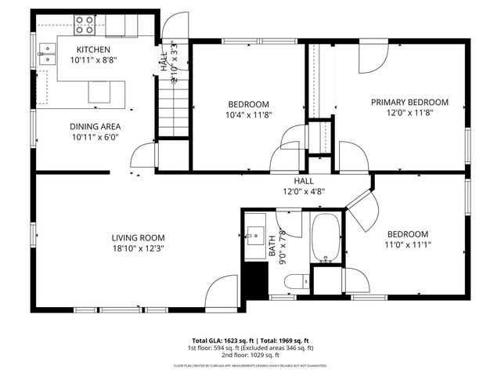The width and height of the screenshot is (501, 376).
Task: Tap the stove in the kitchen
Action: click(x=85, y=26)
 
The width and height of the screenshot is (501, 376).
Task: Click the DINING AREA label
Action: click(x=95, y=126)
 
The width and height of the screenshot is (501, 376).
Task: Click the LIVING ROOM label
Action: click(x=138, y=237)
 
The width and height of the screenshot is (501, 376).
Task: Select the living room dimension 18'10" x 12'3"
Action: click(x=138, y=248)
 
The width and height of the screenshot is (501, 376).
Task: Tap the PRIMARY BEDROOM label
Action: click(x=409, y=102)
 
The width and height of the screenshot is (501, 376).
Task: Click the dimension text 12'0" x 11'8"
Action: click(x=409, y=113)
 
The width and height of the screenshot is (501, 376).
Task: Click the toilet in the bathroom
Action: click(x=296, y=281)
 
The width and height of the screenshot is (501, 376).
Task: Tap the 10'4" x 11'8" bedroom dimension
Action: click(x=249, y=116)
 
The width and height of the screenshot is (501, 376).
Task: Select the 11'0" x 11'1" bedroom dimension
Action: click(x=407, y=245)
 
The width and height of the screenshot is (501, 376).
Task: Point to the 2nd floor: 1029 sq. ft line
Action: click(x=250, y=354)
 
